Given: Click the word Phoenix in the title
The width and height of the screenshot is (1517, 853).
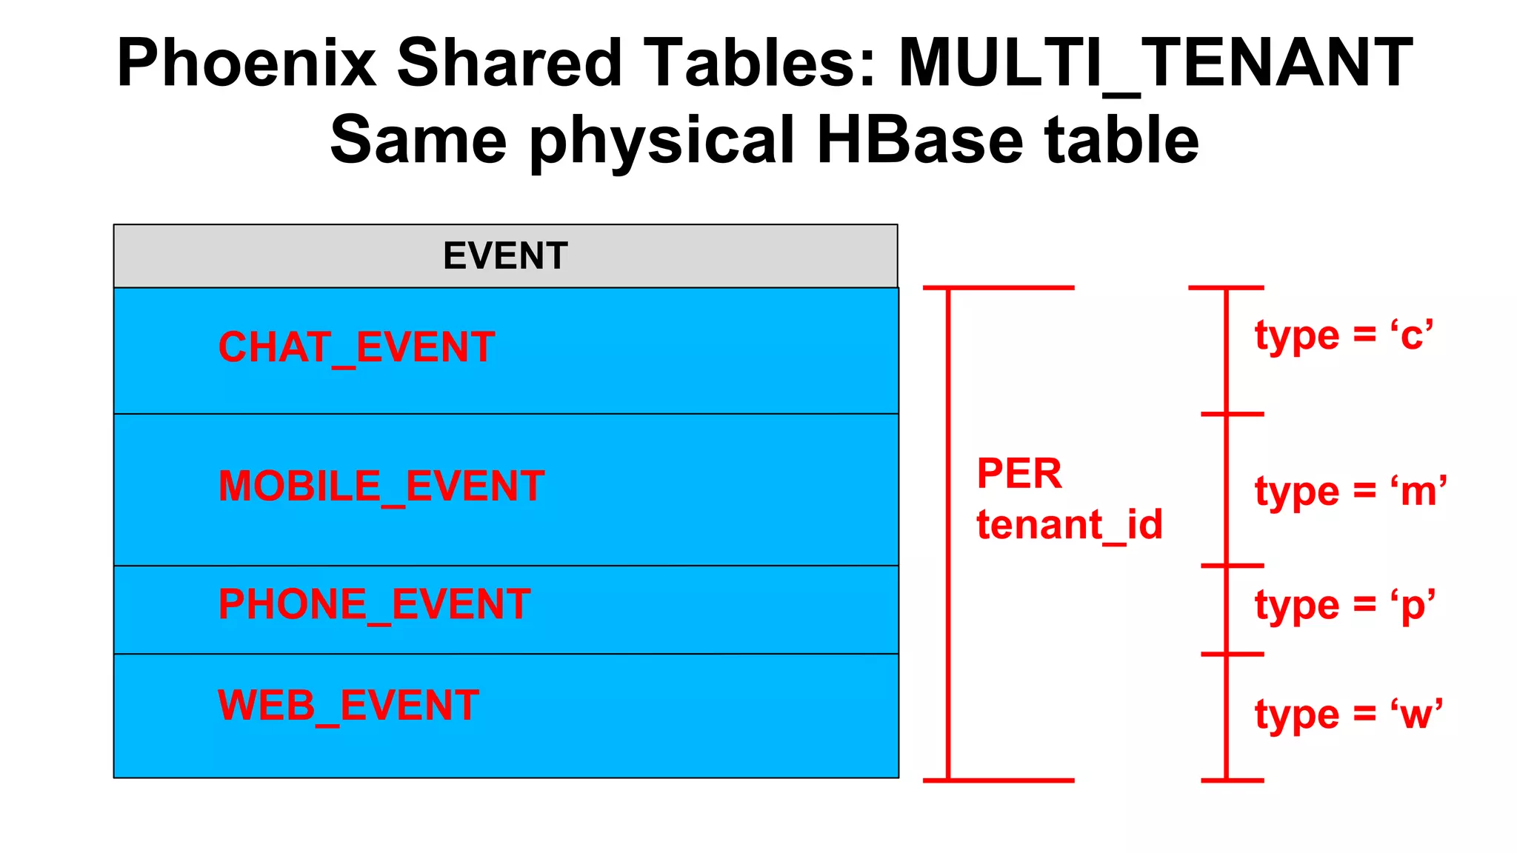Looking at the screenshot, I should coord(246,63).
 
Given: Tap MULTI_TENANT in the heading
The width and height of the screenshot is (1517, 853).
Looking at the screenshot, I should coord(1156,63).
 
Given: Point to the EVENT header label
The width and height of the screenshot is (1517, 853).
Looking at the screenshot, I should coord(505,256).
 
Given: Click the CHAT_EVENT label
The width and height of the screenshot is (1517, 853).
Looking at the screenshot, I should coord(356,347).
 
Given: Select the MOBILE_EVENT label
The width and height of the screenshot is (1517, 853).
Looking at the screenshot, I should coord(381,486).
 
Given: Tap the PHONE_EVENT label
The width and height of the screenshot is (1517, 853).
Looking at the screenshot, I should coord(374,604).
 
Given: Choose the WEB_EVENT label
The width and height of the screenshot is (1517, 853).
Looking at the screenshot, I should coord(348,706).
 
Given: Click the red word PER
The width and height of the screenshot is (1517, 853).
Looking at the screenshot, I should coord(1019,474).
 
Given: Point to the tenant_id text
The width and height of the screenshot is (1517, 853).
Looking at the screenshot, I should coord(1069,525).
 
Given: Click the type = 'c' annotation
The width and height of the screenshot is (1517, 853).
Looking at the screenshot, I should coord(1344,335).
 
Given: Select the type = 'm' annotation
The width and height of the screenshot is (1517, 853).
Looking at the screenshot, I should coord(1350,492).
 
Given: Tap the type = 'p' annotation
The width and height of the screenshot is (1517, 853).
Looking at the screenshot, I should coord(1344,606).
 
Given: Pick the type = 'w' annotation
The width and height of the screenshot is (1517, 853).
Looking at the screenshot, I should coord(1348,715).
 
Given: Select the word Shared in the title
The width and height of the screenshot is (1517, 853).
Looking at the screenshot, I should coord(509,63).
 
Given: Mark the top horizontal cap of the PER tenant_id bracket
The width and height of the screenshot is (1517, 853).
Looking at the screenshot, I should coord(998,287).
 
